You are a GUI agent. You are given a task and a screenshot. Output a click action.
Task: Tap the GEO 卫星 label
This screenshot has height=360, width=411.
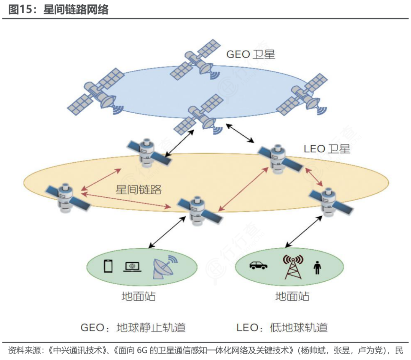tap(250, 54)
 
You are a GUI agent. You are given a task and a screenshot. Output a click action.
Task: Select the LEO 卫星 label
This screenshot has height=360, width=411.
tap(327, 149)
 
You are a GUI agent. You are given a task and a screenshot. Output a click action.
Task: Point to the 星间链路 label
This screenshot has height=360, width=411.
tap(139, 189)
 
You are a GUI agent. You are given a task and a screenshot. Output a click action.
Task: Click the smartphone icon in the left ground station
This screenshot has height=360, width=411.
tap(108, 266)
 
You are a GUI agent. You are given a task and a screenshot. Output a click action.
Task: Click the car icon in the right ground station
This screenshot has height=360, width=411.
tap(258, 265)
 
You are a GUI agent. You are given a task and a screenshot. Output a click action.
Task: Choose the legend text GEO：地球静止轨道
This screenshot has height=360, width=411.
tap(133, 327)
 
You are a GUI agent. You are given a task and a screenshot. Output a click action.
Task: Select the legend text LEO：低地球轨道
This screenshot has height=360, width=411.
tap(282, 327)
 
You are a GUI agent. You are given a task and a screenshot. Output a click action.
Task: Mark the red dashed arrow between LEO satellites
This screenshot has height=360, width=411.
tap(126, 201)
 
